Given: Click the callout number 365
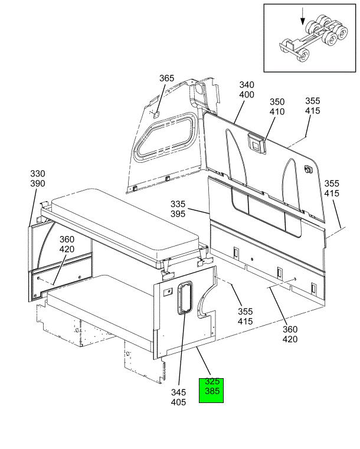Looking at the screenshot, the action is click(166, 78).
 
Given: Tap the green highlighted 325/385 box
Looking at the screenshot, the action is click(211, 391).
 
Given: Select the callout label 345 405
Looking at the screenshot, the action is click(178, 397).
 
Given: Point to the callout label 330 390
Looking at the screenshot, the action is click(38, 178).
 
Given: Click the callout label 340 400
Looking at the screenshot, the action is click(247, 90).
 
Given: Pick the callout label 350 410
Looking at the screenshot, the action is click(277, 107).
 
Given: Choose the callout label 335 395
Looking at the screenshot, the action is click(178, 209).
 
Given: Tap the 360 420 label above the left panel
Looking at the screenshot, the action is click(67, 244).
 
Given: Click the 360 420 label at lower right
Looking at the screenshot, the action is click(290, 334).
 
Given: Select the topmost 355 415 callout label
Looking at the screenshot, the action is click(312, 106).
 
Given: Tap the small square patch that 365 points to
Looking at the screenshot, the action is click(156, 115).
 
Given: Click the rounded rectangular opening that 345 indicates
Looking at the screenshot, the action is click(185, 298).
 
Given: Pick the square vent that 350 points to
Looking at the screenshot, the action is click(256, 143).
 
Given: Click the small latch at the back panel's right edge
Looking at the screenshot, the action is click(308, 169).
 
